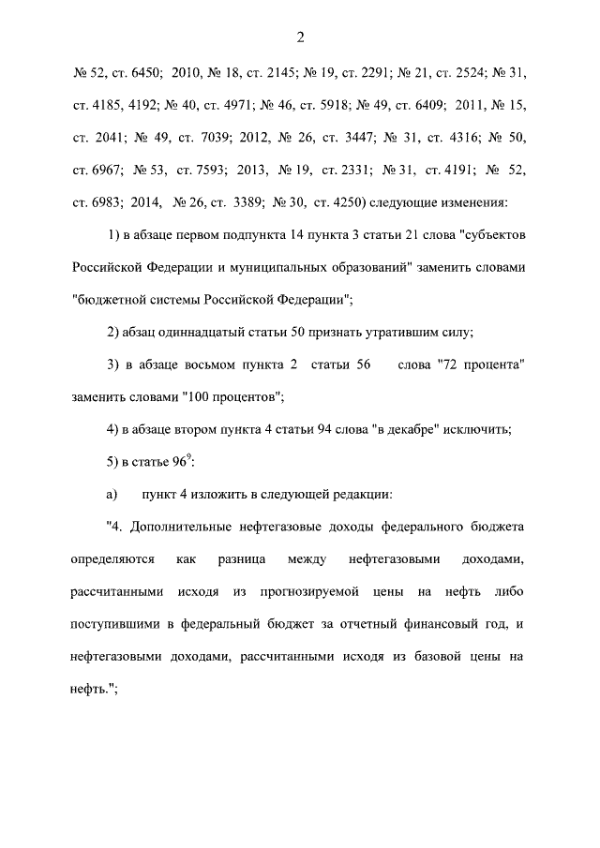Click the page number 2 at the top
[x=300, y=37]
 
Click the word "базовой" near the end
[x=422, y=657]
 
